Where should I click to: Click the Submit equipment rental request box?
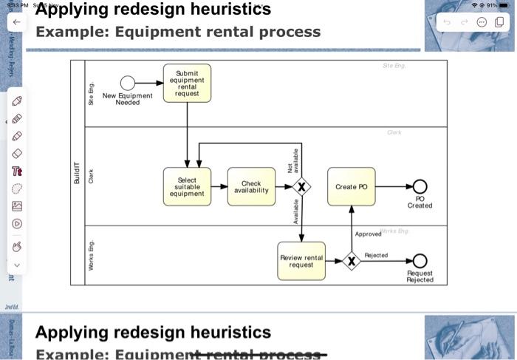click(x=187, y=83)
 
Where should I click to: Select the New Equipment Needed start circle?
click(x=128, y=83)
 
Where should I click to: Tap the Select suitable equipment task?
click(x=187, y=187)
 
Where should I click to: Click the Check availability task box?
click(x=251, y=187)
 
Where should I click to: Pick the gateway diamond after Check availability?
click(x=301, y=187)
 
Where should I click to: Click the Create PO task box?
click(x=351, y=187)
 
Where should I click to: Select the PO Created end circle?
click(x=420, y=187)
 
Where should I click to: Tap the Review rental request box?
click(x=301, y=260)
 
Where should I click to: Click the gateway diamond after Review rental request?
click(x=352, y=260)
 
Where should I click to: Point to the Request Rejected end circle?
click(x=420, y=260)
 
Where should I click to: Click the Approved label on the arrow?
click(x=368, y=234)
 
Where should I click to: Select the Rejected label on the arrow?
click(x=376, y=255)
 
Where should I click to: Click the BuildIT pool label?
click(x=77, y=171)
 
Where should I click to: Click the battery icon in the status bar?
click(x=504, y=5)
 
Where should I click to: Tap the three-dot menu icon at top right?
click(x=482, y=22)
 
